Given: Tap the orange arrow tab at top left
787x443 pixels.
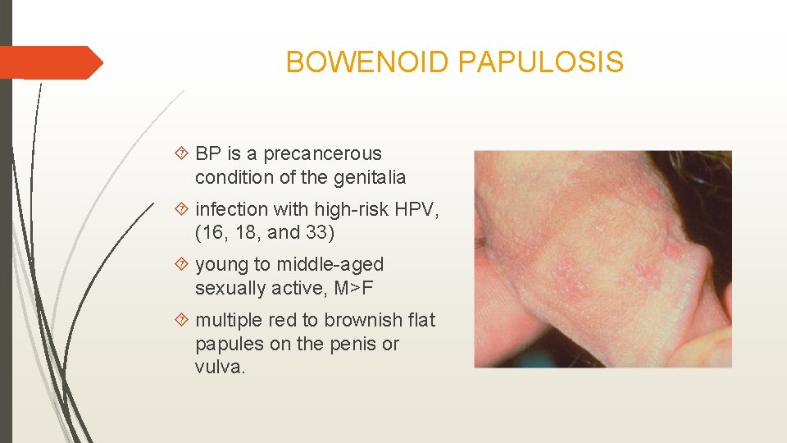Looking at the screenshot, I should click(x=49, y=62).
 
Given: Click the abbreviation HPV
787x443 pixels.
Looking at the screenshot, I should click(x=417, y=209).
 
